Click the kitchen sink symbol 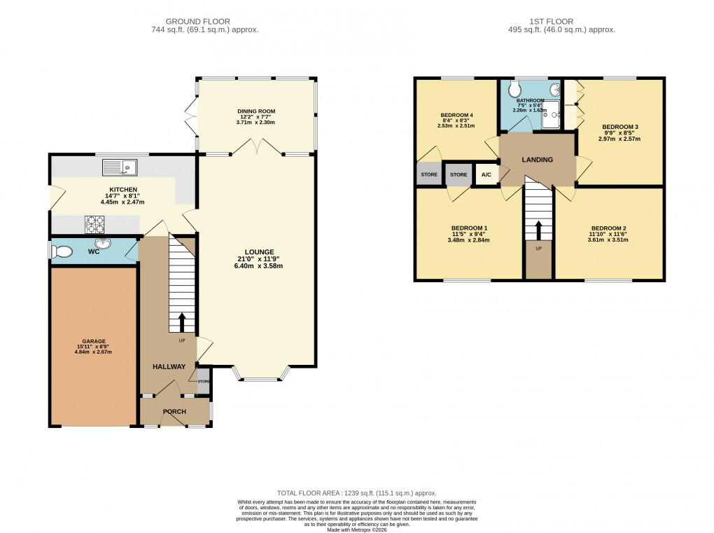tap(120, 167)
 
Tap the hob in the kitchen tap(95, 224)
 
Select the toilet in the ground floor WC tap(62, 251)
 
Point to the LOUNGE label tap(259, 251)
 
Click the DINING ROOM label tap(255, 111)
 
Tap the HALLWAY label tap(169, 366)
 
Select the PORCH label tap(174, 411)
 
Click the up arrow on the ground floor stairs tap(182, 322)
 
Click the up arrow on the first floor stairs tap(538, 230)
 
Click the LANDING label tap(537, 160)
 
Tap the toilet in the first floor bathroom tap(516, 90)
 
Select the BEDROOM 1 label tap(468, 228)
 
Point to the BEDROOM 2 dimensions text tap(609, 240)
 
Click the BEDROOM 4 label tap(456, 115)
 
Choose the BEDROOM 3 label tap(620, 127)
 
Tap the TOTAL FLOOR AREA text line tap(356, 492)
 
